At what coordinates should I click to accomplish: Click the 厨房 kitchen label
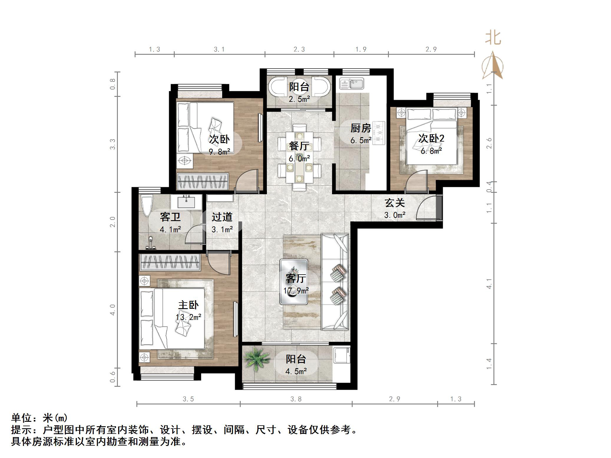pos(361,128)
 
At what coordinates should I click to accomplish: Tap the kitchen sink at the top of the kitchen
pos(352,83)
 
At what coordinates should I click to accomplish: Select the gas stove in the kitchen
pos(379,133)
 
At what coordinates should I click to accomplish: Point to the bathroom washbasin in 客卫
pos(186,202)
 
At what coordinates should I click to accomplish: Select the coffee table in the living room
pos(294,281)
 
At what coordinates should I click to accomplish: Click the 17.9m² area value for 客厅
pos(296,291)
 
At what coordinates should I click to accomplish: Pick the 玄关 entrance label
pos(395,203)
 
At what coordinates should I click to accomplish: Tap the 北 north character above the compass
pos(493,38)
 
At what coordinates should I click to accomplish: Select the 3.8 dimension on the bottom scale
pos(296,399)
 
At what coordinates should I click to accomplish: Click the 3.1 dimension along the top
pos(219,49)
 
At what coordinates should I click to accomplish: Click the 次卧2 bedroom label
pos(431,138)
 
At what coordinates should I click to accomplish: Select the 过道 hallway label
pos(222,217)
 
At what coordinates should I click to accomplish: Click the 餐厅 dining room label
pos(299,146)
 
